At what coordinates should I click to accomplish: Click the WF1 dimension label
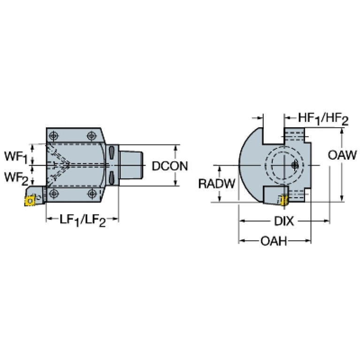16,157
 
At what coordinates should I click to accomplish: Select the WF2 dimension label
16,178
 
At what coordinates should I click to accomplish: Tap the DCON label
170,166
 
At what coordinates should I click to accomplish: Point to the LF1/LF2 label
83,220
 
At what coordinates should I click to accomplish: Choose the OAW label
342,155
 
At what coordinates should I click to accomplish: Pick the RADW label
217,184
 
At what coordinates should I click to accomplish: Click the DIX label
284,222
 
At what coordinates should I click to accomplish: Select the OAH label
274,241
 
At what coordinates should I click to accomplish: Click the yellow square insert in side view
30,201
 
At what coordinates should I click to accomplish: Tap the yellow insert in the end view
284,201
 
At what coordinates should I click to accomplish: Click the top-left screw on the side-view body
54,136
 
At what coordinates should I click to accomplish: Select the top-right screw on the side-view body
92,136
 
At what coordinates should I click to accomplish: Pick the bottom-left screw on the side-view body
54,193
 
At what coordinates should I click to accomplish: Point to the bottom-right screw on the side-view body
92,193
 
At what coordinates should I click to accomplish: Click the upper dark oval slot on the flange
111,153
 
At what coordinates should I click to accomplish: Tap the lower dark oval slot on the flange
111,178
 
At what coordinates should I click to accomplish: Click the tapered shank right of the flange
131,165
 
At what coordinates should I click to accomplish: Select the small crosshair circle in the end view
295,165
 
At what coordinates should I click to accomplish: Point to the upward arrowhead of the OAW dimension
342,130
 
